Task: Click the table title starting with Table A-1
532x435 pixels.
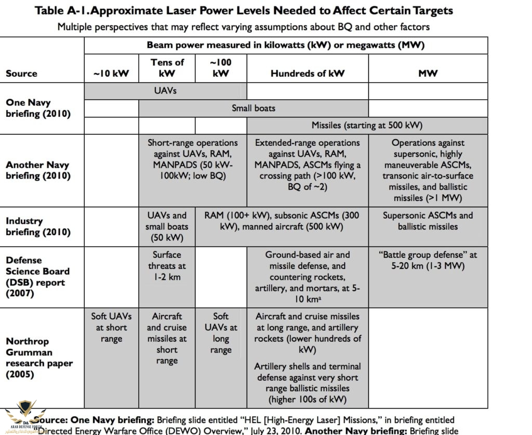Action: point(244,10)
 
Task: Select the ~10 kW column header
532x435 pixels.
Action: point(111,73)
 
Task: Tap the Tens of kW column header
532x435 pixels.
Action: point(167,68)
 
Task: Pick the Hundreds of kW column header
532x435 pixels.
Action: point(307,73)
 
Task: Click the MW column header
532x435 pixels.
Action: point(428,73)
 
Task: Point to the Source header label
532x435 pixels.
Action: point(21,73)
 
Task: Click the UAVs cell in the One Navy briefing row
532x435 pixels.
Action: point(165,90)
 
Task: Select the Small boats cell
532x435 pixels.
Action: point(253,108)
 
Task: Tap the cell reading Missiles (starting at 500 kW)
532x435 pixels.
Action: point(367,125)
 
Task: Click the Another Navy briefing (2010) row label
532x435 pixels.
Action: point(37,170)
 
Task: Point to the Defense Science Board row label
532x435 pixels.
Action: point(37,277)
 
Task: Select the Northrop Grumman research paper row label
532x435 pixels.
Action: point(39,358)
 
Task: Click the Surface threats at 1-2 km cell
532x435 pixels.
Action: point(167,266)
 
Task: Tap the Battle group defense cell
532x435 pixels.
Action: point(428,261)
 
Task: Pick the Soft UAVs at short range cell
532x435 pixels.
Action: point(111,327)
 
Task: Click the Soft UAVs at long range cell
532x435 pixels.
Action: point(221,333)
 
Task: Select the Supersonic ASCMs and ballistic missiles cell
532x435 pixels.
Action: point(428,221)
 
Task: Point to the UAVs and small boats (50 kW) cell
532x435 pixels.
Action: point(167,226)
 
